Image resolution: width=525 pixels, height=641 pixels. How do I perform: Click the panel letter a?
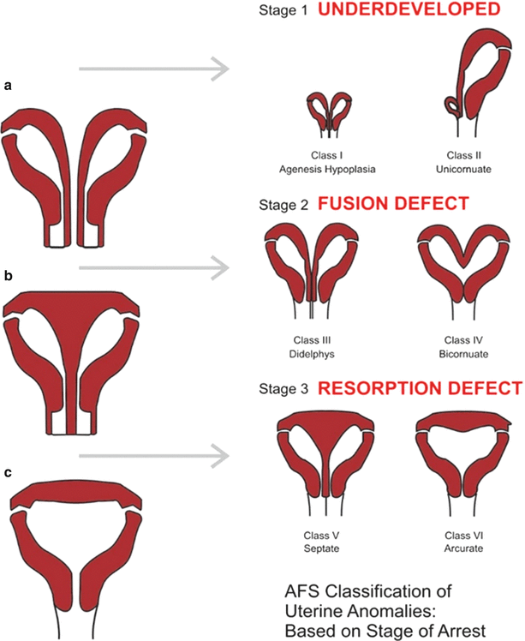tap(8, 86)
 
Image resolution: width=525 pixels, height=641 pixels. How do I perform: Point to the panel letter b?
tap(8, 276)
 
